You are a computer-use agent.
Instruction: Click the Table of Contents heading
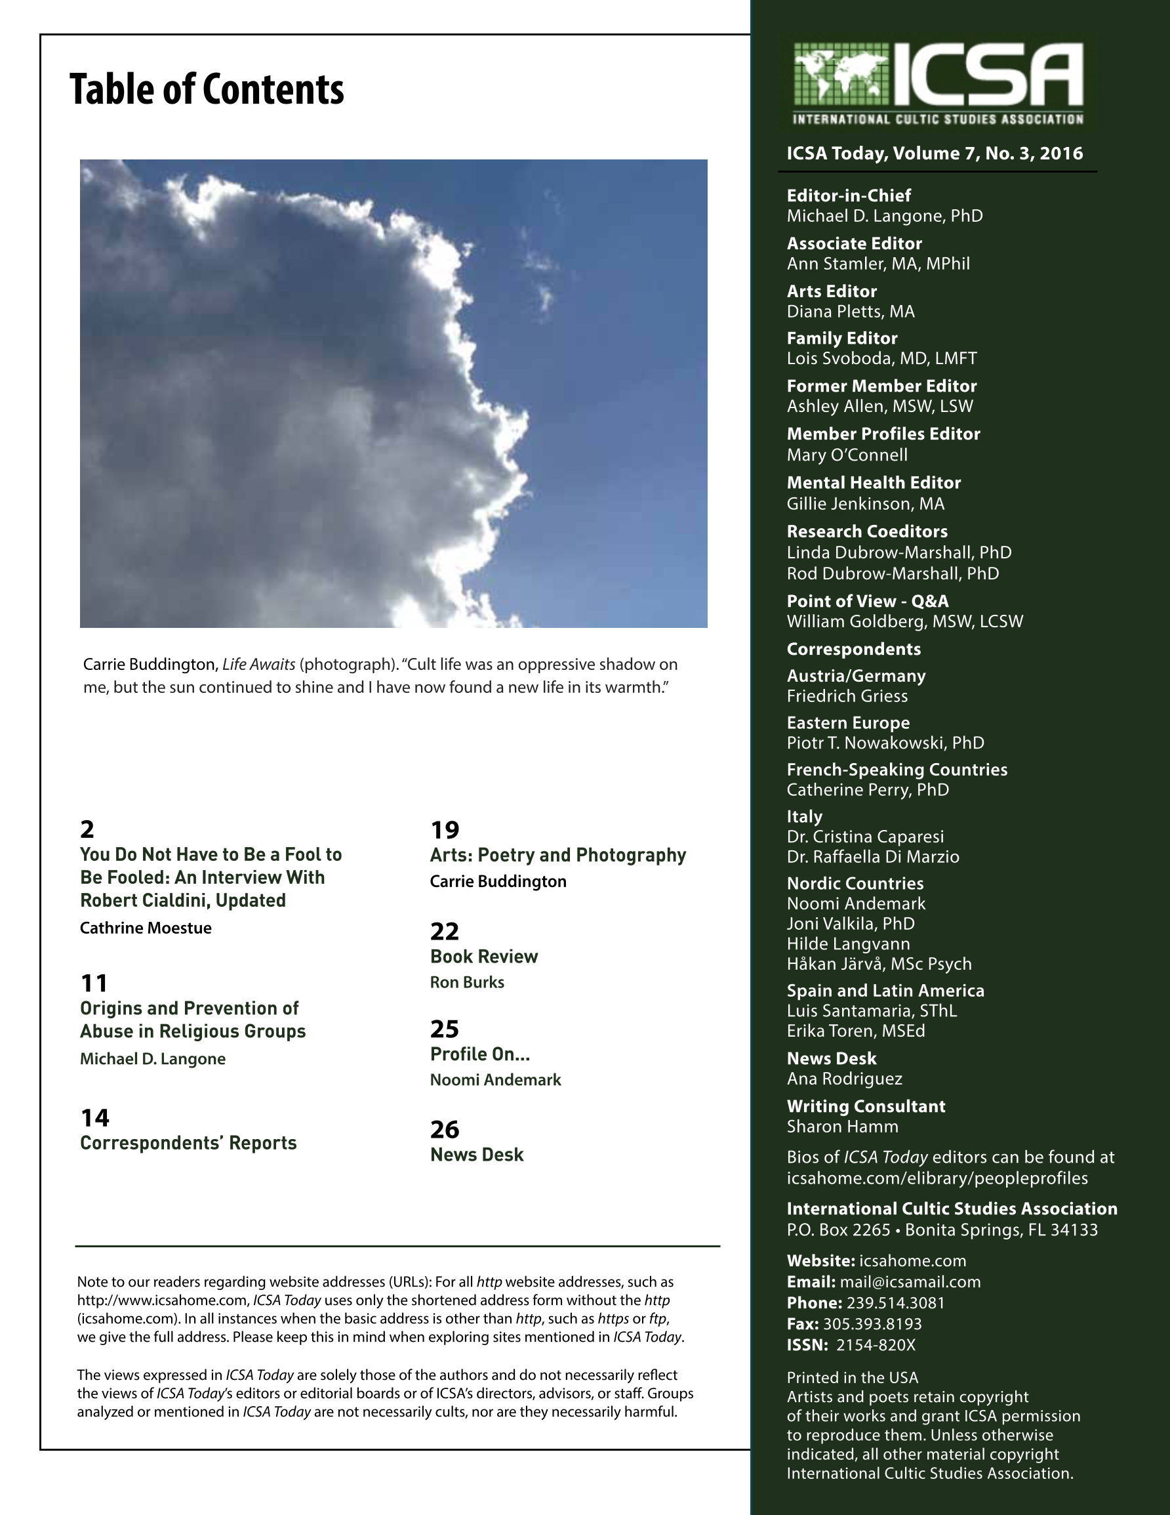point(207,89)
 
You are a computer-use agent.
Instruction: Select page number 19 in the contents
point(445,829)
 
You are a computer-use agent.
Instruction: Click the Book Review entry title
point(483,957)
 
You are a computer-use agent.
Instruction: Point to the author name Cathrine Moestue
point(146,928)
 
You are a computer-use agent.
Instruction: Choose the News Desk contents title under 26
point(477,1155)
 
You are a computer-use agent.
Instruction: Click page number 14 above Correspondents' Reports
point(95,1117)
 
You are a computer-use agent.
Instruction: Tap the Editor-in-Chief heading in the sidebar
point(848,196)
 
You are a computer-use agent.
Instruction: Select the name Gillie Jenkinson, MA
point(865,504)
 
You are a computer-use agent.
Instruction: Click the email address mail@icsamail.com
point(910,1282)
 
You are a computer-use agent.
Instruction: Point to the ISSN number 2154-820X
point(876,1345)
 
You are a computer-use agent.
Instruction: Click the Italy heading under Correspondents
point(805,816)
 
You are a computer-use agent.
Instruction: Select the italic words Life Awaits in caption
point(258,665)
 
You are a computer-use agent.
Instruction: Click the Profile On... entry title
point(479,1054)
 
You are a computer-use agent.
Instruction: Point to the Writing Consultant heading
point(866,1106)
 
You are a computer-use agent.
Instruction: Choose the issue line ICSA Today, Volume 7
point(934,154)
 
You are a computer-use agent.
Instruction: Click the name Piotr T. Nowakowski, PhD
point(885,743)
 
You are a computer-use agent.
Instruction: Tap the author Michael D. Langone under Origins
point(153,1059)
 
